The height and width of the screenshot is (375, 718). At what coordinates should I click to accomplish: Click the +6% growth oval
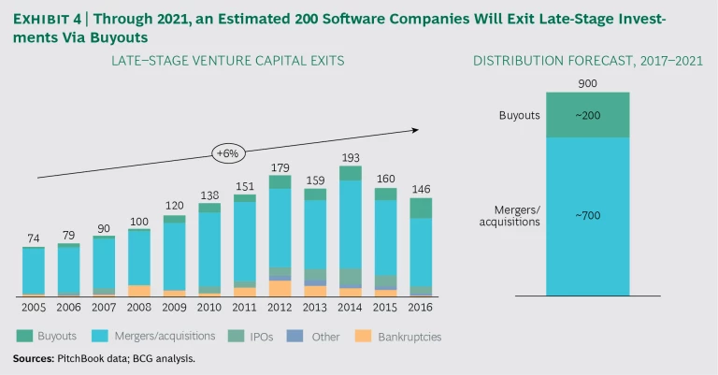tap(229, 152)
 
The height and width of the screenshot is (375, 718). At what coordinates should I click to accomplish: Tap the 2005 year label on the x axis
tap(33, 307)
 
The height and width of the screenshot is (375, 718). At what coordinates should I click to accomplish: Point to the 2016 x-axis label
tap(421, 307)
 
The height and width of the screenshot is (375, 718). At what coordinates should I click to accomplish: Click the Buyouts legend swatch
tap(23, 336)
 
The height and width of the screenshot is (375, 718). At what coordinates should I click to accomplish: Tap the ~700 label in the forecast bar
tap(587, 216)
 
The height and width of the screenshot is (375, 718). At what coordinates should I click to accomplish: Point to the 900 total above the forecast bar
tap(587, 83)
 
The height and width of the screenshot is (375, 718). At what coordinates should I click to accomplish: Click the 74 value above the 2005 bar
tap(34, 238)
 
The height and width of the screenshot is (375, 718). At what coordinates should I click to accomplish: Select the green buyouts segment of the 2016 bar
tap(421, 208)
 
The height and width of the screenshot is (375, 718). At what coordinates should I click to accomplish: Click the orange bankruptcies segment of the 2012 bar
tap(280, 288)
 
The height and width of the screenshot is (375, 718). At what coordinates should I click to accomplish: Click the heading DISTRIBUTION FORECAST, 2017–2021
tap(587, 61)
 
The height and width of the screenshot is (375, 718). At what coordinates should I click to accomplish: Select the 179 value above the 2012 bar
tap(280, 167)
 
